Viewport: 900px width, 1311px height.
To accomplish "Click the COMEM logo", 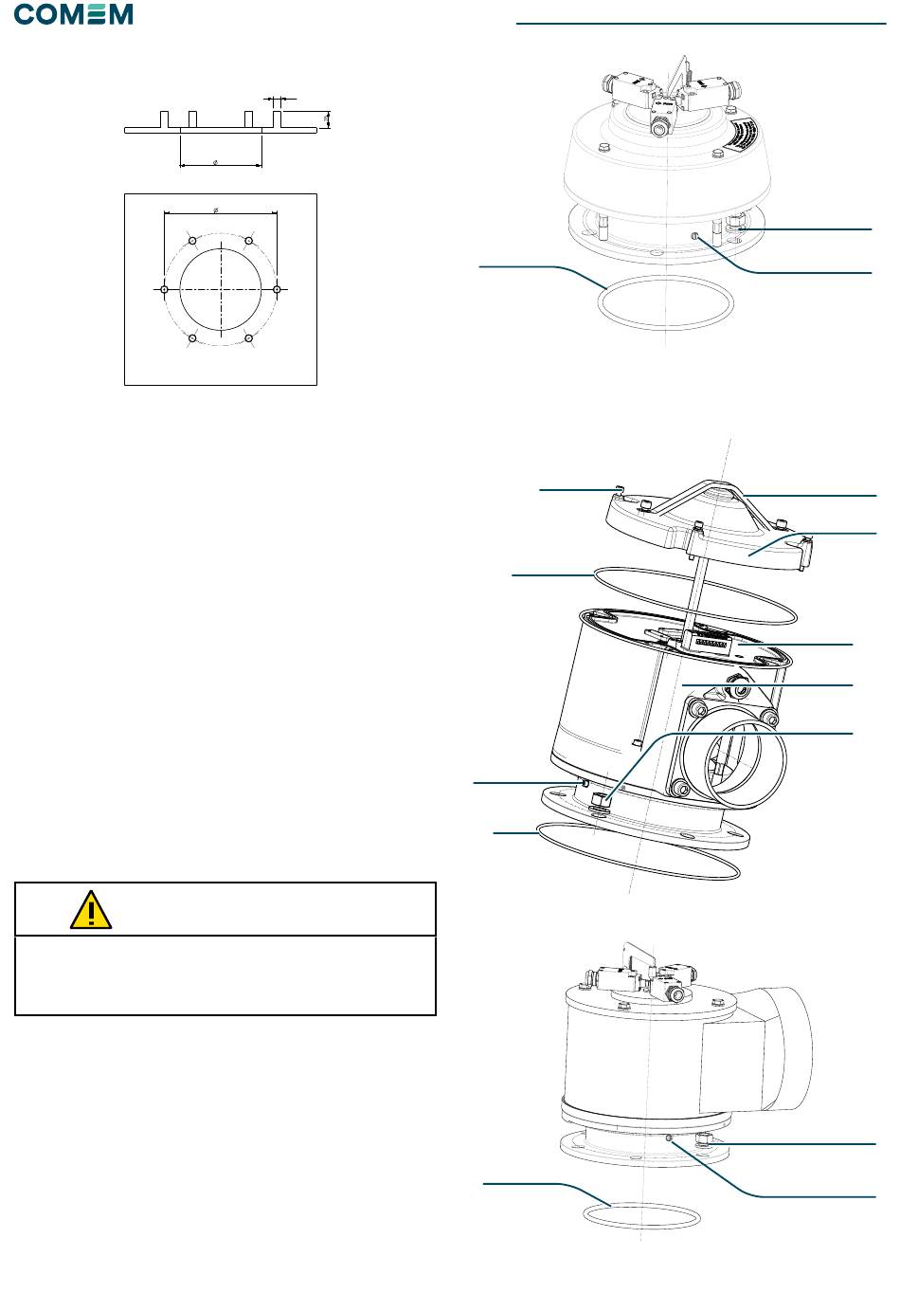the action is pyautogui.click(x=74, y=15).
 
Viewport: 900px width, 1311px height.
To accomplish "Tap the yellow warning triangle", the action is pyautogui.click(x=91, y=911).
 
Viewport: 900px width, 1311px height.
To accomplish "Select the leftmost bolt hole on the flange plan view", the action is pyautogui.click(x=165, y=289).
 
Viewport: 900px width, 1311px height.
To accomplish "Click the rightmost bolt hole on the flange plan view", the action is pyautogui.click(x=277, y=289).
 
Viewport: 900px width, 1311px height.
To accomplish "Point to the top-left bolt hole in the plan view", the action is pyautogui.click(x=193, y=241).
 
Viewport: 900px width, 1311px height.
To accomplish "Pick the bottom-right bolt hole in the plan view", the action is pyautogui.click(x=248, y=338).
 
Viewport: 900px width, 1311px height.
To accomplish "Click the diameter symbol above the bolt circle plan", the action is pyautogui.click(x=216, y=209).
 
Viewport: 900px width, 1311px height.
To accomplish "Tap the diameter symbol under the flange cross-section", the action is pyautogui.click(x=216, y=163).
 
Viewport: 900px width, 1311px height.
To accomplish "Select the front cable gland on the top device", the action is pyautogui.click(x=659, y=126).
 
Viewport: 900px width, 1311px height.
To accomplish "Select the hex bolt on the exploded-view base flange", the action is pyautogui.click(x=600, y=804).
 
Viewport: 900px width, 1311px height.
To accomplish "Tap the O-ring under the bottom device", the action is pyautogui.click(x=641, y=1215).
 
